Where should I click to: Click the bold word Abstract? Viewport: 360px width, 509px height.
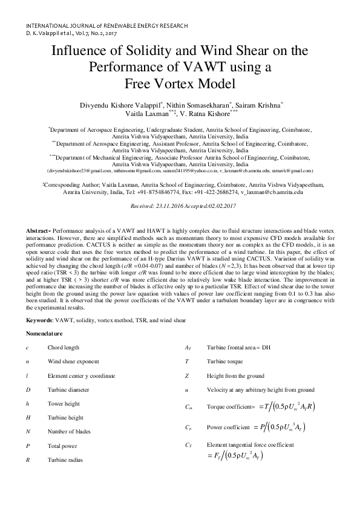(x=38, y=231)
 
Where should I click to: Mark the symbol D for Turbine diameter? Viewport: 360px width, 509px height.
(x=28, y=390)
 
